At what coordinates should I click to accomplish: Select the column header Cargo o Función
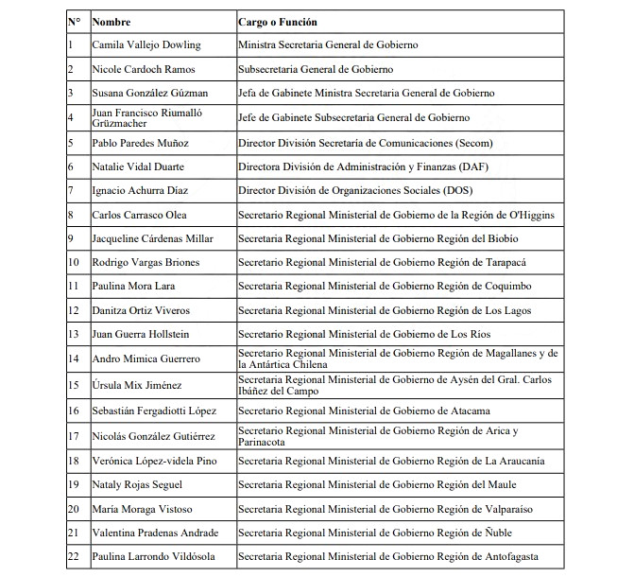[x=278, y=21]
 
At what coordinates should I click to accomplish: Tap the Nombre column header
[x=111, y=21]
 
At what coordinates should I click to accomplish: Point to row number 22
[x=74, y=557]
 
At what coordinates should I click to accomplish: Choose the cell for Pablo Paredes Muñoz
[x=140, y=143]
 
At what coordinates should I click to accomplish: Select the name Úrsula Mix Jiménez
[x=136, y=386]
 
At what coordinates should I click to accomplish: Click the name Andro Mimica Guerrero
[x=146, y=359]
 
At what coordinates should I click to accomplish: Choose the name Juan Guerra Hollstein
[x=141, y=334]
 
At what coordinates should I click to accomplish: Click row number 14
[x=74, y=359]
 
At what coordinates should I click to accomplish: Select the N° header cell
[x=75, y=21]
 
